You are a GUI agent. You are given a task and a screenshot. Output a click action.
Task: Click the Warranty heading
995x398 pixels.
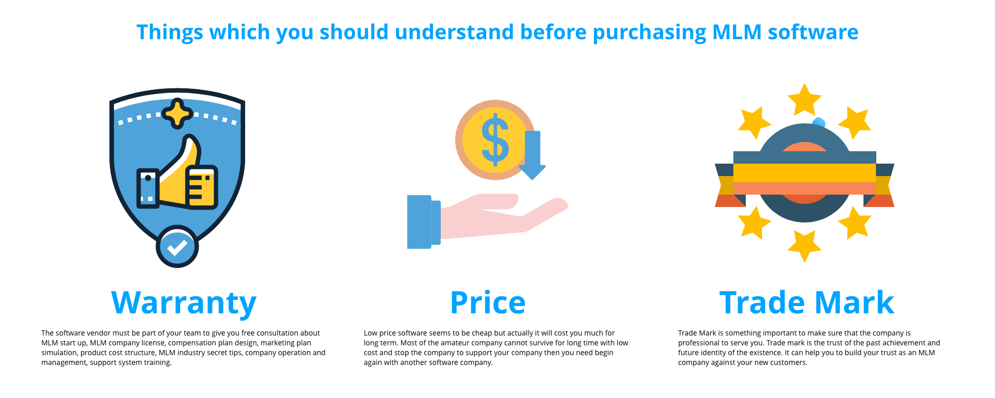(184, 303)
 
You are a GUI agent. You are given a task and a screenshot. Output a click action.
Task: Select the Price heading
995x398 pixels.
(488, 303)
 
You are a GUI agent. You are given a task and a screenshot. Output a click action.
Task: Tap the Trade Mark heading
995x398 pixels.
(807, 303)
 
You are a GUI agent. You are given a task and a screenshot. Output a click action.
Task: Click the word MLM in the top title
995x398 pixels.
(736, 32)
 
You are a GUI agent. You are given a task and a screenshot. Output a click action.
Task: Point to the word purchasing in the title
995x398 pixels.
(650, 33)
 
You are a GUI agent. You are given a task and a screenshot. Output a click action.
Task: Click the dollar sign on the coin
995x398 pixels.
(495, 140)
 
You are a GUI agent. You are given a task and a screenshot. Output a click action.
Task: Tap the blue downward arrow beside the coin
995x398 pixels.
(532, 155)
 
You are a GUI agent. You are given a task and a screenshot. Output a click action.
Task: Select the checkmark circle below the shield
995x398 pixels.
(177, 247)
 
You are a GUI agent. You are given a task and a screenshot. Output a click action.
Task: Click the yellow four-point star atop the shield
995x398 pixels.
(178, 114)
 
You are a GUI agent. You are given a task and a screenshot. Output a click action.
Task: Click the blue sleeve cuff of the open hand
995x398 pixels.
(423, 222)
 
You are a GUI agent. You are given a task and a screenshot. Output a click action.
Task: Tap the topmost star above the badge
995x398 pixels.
(804, 100)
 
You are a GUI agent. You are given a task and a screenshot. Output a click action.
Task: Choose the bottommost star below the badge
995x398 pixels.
(804, 246)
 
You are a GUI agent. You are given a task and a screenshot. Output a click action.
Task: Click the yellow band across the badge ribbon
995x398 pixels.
(805, 173)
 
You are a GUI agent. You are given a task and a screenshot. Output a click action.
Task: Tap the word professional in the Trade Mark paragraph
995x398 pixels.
(700, 343)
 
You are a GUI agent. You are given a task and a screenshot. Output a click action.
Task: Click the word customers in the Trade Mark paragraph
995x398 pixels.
(790, 362)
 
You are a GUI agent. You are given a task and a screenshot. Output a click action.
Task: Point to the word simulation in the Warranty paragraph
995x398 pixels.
(59, 353)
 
